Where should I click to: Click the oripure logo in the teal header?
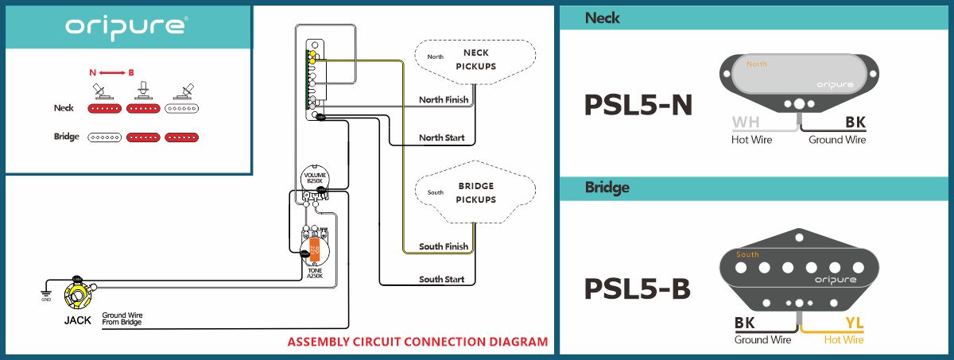(126, 26)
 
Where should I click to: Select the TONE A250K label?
(315, 273)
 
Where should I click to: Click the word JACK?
(79, 320)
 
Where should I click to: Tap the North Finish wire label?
(444, 100)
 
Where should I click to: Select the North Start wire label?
(442, 137)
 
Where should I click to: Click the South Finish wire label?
(444, 246)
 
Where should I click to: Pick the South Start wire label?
(442, 280)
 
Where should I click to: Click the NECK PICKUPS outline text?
(475, 60)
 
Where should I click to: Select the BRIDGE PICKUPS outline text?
(475, 193)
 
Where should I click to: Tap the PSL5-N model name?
(638, 106)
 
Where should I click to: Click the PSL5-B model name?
(638, 288)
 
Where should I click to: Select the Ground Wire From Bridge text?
(122, 319)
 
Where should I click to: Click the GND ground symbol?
(46, 297)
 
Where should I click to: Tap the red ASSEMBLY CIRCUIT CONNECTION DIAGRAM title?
(417, 343)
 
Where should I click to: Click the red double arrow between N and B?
(111, 72)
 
